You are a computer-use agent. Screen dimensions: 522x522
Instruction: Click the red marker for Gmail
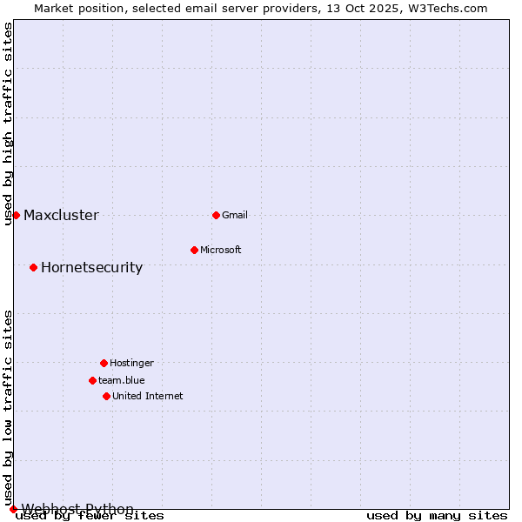(x=216, y=215)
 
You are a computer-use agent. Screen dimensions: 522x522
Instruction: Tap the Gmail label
(x=235, y=215)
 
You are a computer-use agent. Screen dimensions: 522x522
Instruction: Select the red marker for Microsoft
(x=194, y=250)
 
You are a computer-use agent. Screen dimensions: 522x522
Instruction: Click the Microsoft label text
(x=221, y=250)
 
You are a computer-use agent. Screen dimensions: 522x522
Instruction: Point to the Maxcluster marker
(x=16, y=215)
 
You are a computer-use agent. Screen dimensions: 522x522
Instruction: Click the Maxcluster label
(x=61, y=216)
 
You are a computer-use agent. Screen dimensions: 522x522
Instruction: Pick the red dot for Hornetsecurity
(x=33, y=267)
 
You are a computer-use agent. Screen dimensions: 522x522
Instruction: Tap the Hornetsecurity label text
(x=91, y=268)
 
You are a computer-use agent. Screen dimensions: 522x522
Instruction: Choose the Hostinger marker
(x=104, y=363)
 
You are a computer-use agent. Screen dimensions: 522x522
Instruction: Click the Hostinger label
(x=131, y=363)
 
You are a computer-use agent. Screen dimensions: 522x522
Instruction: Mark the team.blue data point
(x=92, y=380)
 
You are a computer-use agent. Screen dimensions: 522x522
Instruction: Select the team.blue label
(x=122, y=380)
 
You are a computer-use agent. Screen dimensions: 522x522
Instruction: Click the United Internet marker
(x=106, y=396)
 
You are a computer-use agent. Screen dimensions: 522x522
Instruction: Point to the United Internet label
(x=148, y=396)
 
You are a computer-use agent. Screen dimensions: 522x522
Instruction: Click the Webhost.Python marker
(x=13, y=509)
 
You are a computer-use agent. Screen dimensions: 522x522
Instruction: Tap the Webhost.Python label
(x=77, y=509)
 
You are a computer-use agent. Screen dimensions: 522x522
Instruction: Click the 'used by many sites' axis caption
(x=437, y=516)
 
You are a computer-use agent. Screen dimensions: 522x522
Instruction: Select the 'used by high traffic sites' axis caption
(x=9, y=124)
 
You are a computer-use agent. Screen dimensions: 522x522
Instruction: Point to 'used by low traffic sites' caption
(x=9, y=407)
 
